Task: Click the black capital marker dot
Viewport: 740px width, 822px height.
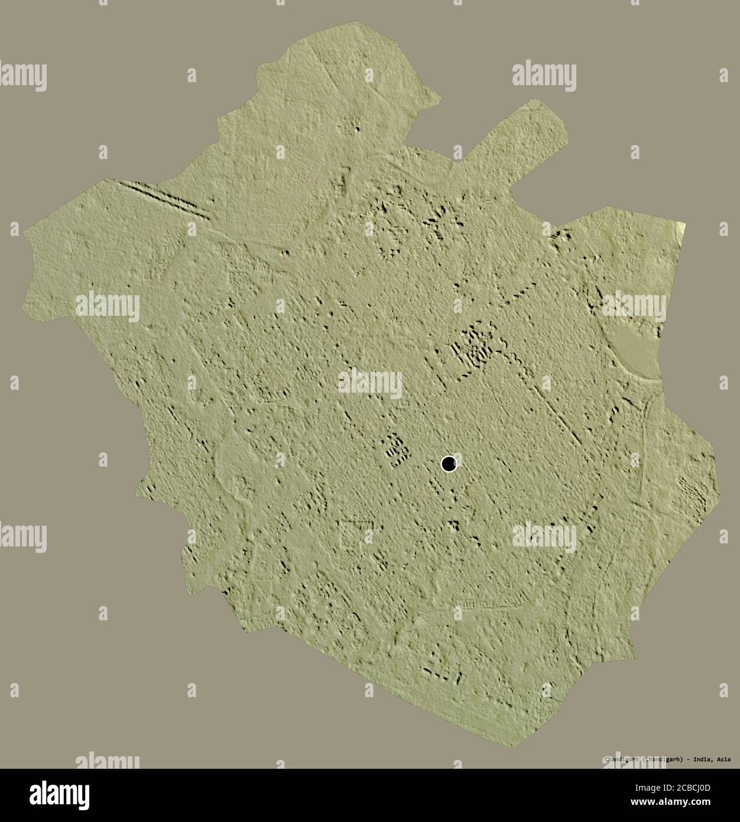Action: [x=449, y=464]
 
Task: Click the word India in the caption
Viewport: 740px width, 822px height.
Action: [x=703, y=759]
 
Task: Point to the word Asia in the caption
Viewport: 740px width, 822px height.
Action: [x=725, y=759]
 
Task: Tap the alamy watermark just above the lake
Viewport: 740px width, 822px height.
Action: [x=634, y=305]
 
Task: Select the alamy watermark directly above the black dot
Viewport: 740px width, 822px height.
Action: [x=370, y=383]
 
